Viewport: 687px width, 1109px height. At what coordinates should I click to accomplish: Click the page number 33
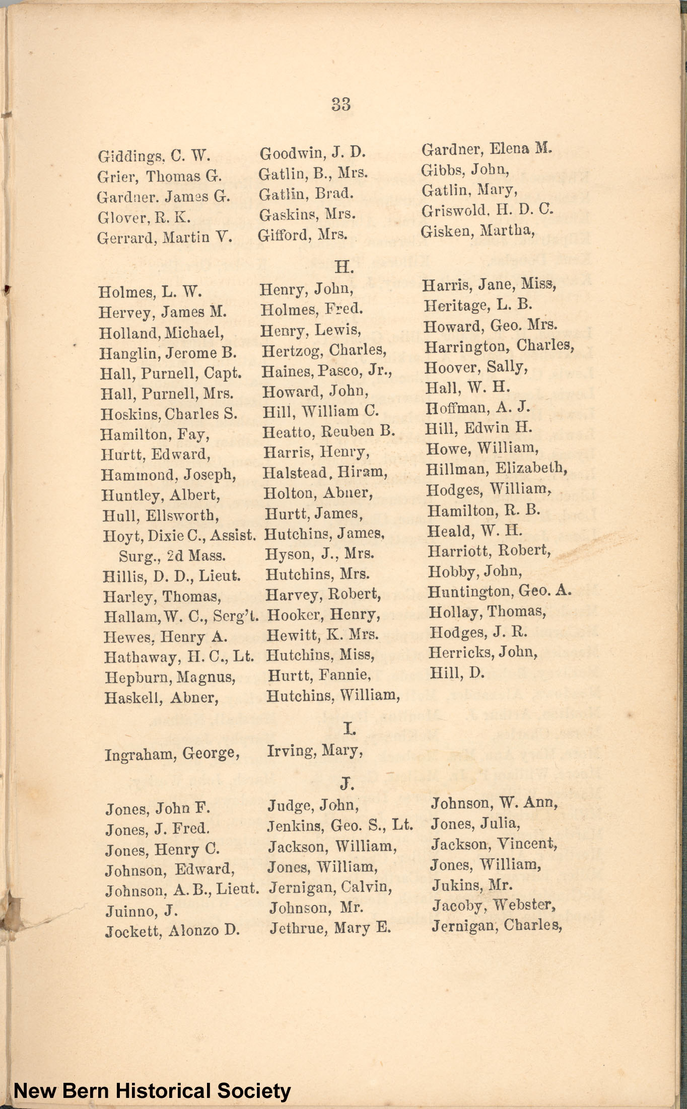(x=341, y=104)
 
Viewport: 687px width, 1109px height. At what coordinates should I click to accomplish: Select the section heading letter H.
(x=344, y=267)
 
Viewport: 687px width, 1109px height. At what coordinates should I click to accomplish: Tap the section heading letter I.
(x=348, y=728)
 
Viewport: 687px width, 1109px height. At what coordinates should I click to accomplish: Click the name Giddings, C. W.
(x=154, y=156)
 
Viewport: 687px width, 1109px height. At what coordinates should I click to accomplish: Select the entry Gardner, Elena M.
(x=487, y=149)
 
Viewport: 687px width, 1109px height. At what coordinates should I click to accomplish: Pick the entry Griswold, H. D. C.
(x=488, y=210)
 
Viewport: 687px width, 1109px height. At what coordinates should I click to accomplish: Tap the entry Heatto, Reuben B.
(x=329, y=431)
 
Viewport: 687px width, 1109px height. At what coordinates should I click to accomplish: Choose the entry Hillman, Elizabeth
(x=497, y=469)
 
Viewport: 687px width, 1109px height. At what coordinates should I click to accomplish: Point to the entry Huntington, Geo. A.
(x=500, y=591)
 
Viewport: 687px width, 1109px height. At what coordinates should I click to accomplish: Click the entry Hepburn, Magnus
(x=170, y=677)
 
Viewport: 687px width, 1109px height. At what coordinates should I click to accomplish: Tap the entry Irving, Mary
(x=315, y=751)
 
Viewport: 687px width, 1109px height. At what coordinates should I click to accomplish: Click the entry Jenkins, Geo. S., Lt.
(x=340, y=826)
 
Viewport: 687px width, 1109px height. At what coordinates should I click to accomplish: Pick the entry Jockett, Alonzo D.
(x=173, y=931)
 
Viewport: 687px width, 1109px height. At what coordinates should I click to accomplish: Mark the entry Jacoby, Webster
(x=494, y=905)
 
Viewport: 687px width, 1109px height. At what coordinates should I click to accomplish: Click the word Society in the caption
(x=254, y=1091)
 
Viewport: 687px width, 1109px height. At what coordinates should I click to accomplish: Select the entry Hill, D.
(x=457, y=673)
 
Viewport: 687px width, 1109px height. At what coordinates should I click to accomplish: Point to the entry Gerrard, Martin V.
(x=165, y=237)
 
